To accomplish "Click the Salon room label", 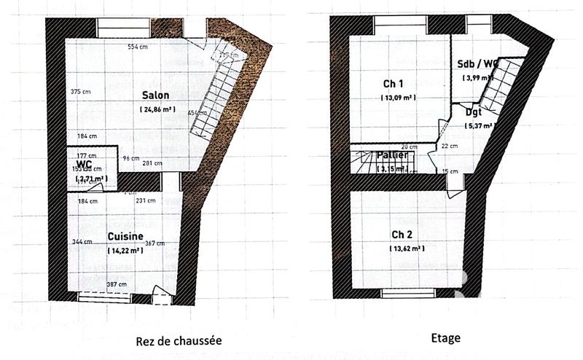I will [x=156, y=95].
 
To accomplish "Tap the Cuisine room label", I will [x=125, y=237].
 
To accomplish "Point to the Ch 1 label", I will [x=394, y=82].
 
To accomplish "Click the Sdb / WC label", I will [x=477, y=64].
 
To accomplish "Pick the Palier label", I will [x=392, y=155].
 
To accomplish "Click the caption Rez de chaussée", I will [x=179, y=340].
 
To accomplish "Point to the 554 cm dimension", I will [x=138, y=47].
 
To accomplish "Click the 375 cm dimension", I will [x=80, y=92].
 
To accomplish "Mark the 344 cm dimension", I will [x=82, y=242].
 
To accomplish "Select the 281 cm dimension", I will [x=152, y=163].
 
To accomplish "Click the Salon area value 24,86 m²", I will [x=156, y=109].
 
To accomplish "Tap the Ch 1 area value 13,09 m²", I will [x=397, y=97].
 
